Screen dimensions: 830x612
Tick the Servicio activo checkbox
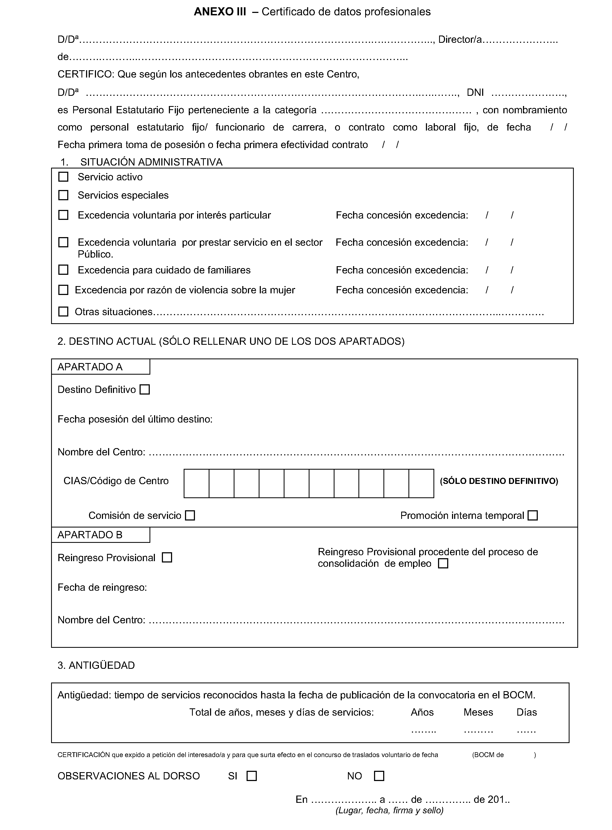[x=63, y=177]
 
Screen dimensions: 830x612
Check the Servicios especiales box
[x=63, y=195]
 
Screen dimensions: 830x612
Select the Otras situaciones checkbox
[x=63, y=311]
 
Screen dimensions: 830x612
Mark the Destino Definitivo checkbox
[x=144, y=390]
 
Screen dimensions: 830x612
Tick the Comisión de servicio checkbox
[x=190, y=515]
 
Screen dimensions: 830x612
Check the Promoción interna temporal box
[x=533, y=515]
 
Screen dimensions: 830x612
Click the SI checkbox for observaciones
[x=251, y=776]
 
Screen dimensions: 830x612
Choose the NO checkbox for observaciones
[x=379, y=776]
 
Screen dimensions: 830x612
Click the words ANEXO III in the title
[x=220, y=12]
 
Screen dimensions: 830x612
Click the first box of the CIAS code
[x=196, y=483]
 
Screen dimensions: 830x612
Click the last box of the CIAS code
[x=421, y=483]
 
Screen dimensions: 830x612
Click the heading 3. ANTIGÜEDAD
[x=96, y=665]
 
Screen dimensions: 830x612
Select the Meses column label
[x=478, y=712]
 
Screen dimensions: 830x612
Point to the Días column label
[x=526, y=712]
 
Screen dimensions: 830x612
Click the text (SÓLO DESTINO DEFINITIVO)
[x=499, y=481]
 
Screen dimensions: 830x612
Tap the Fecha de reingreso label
[x=102, y=587]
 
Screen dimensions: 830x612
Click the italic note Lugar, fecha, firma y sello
[x=389, y=810]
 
